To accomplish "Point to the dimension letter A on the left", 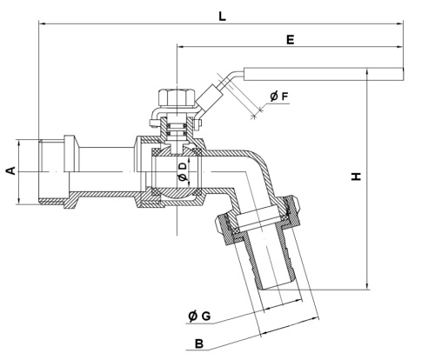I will pyautogui.click(x=10, y=171).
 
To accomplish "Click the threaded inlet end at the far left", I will pyautogui.click(x=50, y=171).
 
